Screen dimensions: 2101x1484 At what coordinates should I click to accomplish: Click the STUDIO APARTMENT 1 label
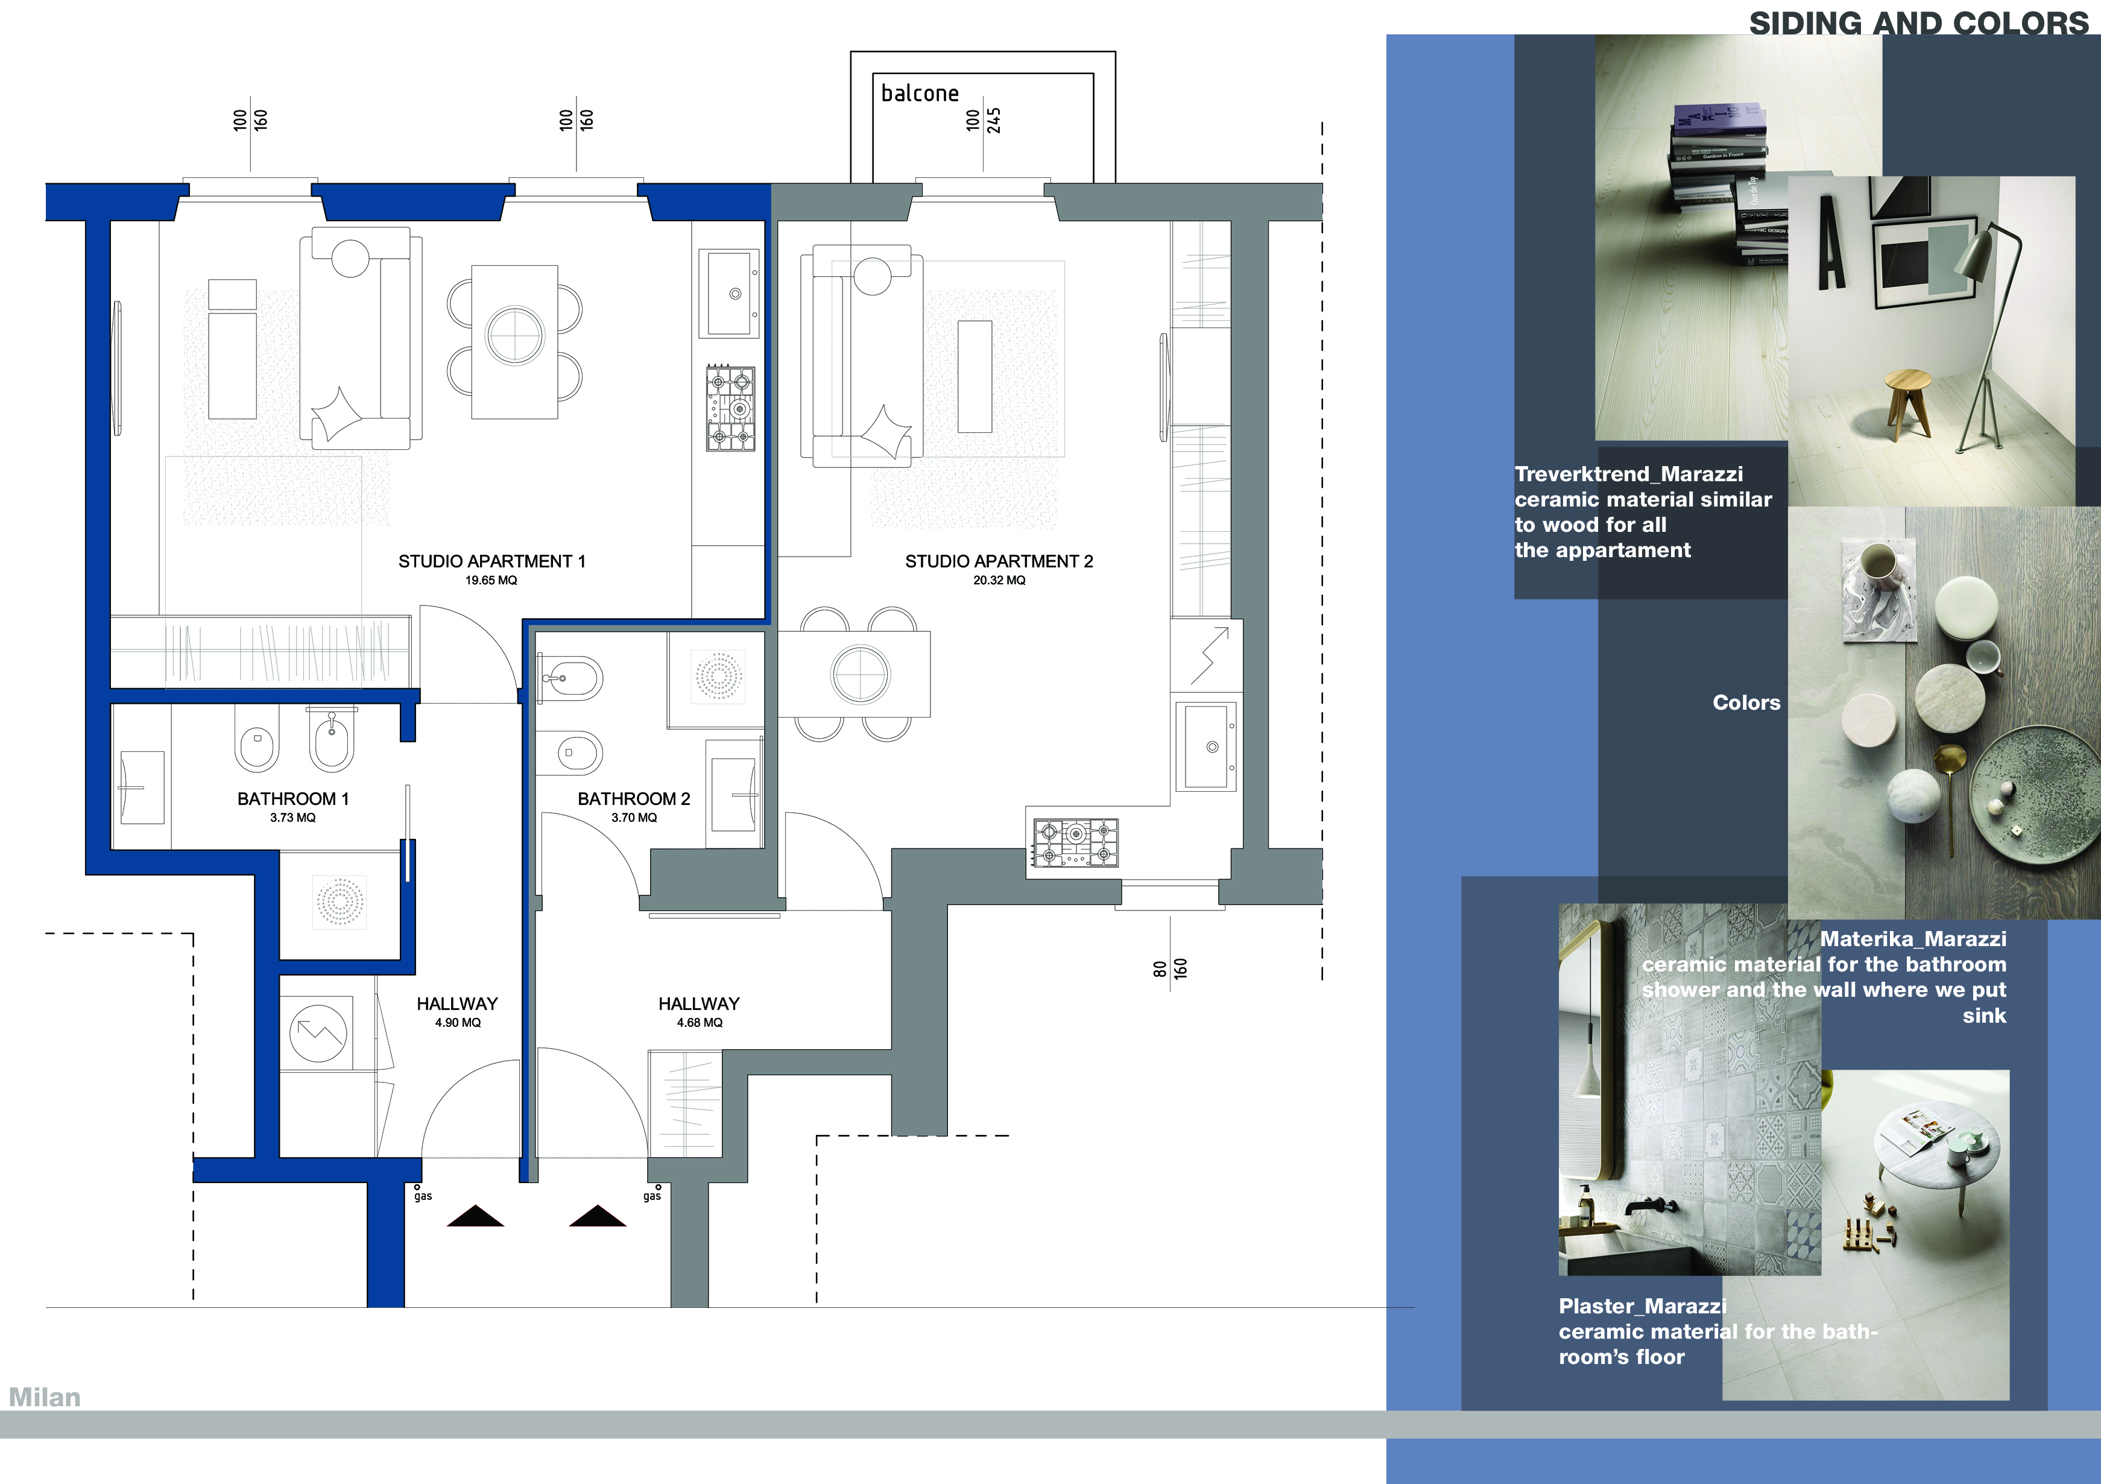tap(491, 561)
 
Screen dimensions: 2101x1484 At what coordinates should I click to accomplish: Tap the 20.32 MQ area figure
tap(999, 580)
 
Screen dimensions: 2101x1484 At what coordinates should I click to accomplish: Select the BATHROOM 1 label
tap(293, 799)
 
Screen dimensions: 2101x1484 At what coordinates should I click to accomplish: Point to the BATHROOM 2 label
tap(634, 799)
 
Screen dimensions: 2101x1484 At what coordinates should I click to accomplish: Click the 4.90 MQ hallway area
tap(458, 1023)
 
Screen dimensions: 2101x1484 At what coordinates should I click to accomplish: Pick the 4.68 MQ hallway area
tap(699, 1023)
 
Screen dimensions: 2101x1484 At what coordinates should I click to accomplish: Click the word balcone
tap(920, 93)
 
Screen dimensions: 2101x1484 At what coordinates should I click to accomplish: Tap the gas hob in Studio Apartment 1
tap(730, 408)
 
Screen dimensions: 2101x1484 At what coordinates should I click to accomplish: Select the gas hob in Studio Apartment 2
tap(1076, 842)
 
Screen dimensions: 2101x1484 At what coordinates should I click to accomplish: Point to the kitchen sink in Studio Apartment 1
tap(729, 294)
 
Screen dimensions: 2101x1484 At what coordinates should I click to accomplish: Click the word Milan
tap(45, 1397)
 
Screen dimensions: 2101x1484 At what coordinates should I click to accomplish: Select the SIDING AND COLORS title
tap(1919, 23)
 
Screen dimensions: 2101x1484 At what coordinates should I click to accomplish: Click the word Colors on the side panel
tap(1746, 703)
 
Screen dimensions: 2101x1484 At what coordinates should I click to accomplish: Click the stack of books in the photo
tap(1725, 183)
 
